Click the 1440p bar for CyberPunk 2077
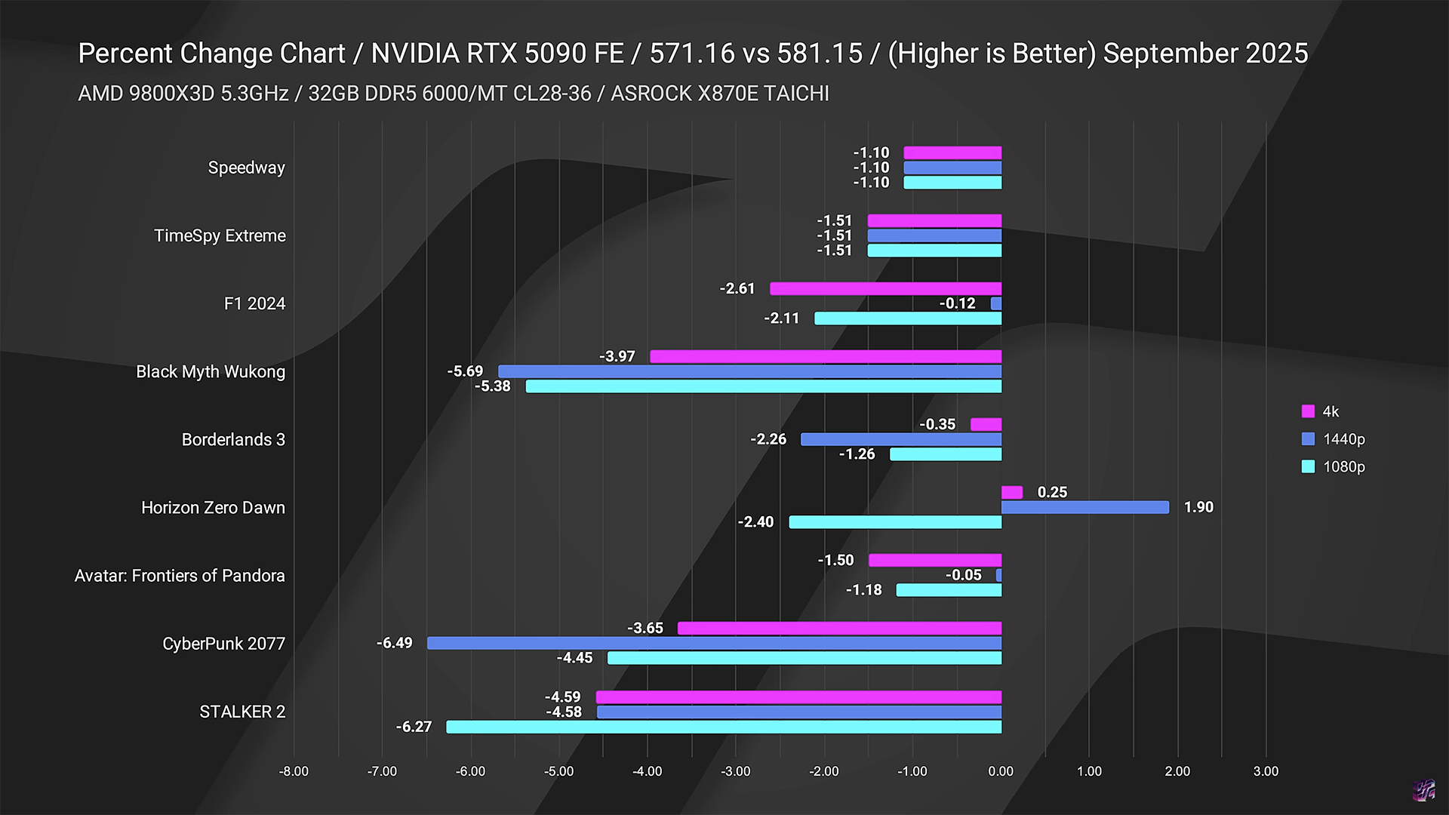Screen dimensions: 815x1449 [x=714, y=643]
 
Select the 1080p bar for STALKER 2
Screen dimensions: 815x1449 [x=724, y=727]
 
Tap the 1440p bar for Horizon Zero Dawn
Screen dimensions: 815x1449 [x=1084, y=507]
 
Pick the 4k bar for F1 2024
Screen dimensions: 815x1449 [x=885, y=288]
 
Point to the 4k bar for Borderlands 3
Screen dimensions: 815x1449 [x=986, y=424]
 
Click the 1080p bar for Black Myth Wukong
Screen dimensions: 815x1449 [x=764, y=386]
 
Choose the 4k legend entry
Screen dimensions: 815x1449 [x=1321, y=411]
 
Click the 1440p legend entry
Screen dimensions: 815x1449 [x=1334, y=439]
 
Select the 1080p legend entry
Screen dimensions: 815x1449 [x=1334, y=466]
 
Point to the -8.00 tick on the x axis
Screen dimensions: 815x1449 [x=294, y=771]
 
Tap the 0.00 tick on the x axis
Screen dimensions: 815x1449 [x=1001, y=771]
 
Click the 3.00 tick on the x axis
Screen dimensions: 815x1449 [x=1266, y=771]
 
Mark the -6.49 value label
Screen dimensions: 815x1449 [x=395, y=643]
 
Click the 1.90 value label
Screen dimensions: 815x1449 [x=1198, y=507]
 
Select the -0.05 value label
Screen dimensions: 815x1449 [x=964, y=575]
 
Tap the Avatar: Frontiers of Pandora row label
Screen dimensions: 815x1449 [x=180, y=576]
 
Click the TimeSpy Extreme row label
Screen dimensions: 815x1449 [x=220, y=235]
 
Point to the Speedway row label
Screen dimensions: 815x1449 [x=246, y=168]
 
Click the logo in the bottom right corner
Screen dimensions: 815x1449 [x=1423, y=790]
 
